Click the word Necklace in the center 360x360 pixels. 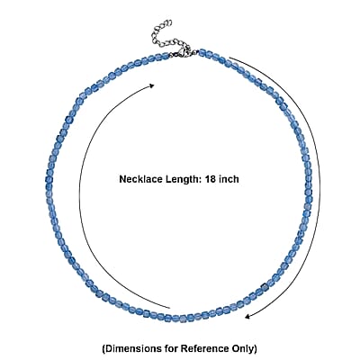coord(141,179)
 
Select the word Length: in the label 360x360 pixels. coord(183,179)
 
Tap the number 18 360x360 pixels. coord(211,179)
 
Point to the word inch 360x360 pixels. coord(229,179)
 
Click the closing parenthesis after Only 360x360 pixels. coord(255,349)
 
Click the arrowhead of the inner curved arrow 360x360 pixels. coord(152,85)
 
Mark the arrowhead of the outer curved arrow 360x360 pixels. coord(247,316)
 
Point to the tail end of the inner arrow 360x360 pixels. coord(169,308)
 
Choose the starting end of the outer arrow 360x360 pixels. coord(229,58)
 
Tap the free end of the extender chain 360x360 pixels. coord(169,22)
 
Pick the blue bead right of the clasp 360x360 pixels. coord(202,52)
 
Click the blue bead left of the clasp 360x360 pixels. coord(166,56)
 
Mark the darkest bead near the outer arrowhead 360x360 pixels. coord(265,287)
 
